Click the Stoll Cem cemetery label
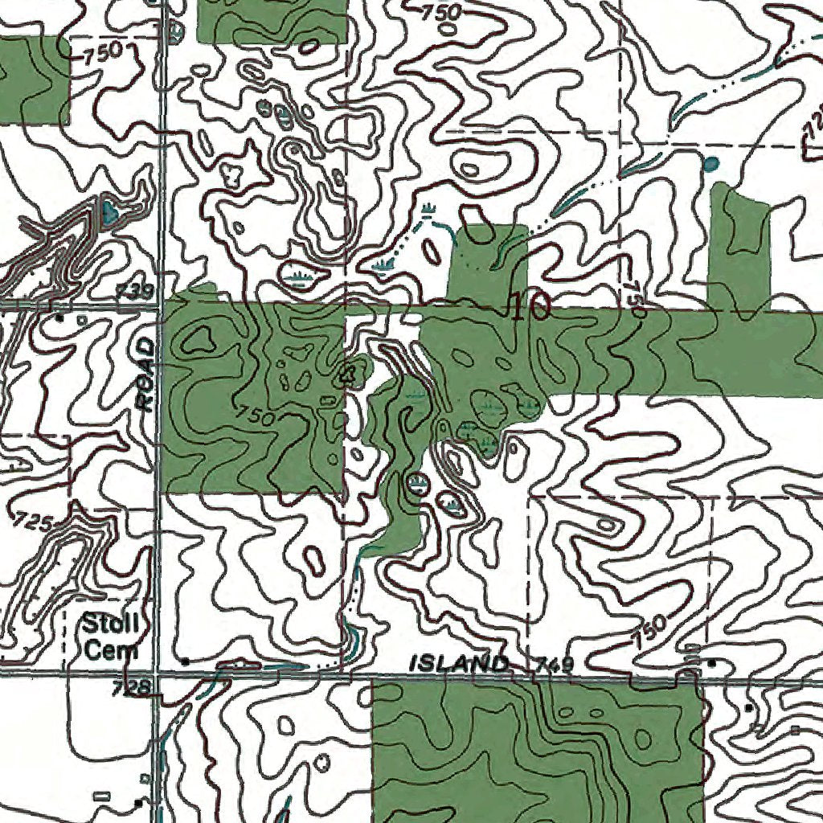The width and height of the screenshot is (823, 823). (x=111, y=635)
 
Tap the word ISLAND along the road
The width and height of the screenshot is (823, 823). (x=460, y=664)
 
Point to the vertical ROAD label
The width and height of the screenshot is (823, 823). (x=145, y=375)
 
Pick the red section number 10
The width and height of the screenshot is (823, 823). (x=529, y=307)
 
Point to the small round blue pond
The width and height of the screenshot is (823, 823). (x=710, y=165)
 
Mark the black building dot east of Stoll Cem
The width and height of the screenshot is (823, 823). (x=186, y=661)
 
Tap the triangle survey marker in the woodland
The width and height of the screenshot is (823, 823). (x=349, y=372)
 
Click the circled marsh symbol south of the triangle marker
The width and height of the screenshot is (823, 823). (x=416, y=483)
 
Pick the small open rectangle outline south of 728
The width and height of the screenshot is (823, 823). (x=101, y=796)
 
